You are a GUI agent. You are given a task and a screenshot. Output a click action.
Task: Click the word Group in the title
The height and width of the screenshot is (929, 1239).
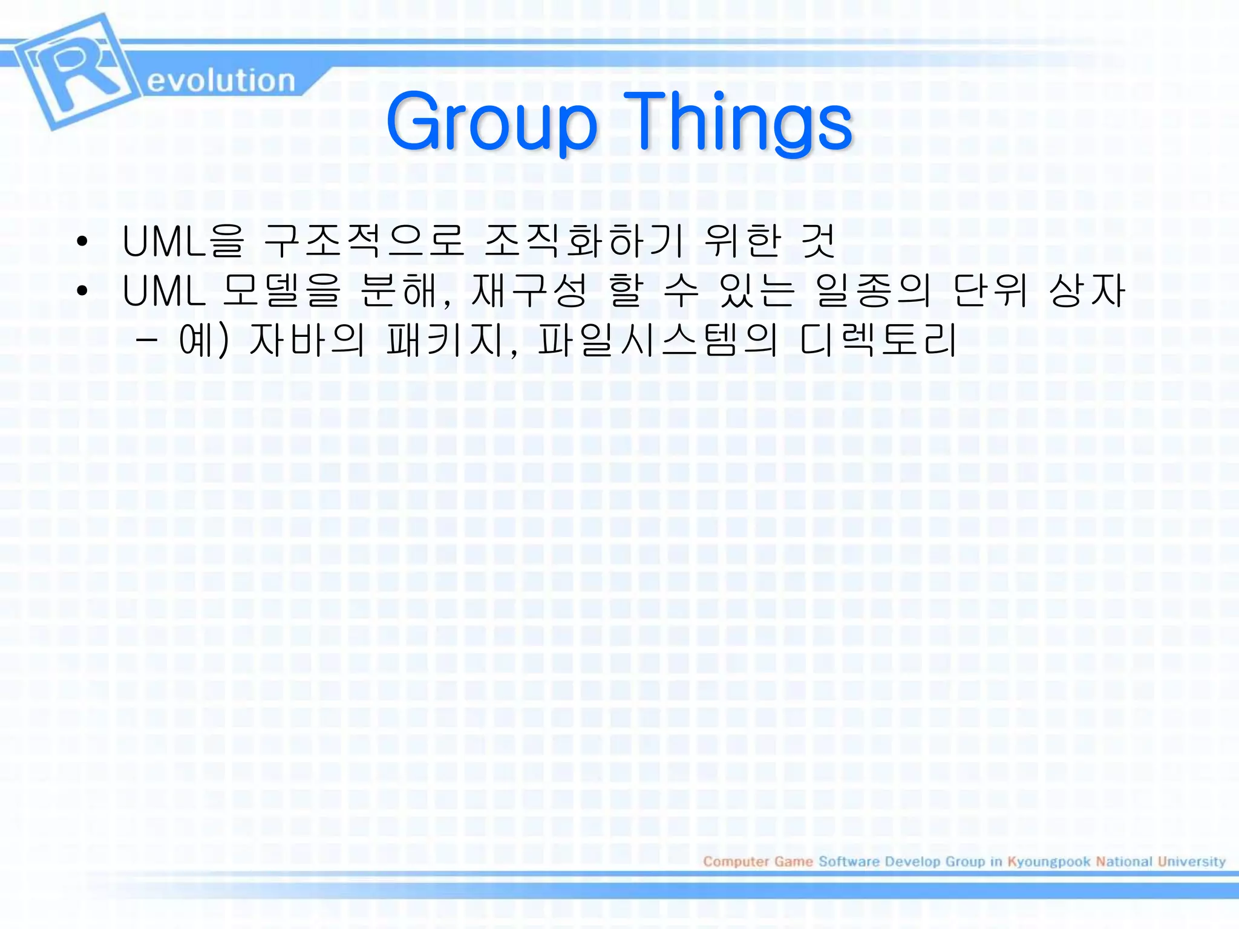click(491, 123)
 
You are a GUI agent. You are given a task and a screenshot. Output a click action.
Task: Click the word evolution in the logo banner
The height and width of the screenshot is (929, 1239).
click(221, 81)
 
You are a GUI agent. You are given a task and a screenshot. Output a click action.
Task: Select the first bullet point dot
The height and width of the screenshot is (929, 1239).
click(82, 242)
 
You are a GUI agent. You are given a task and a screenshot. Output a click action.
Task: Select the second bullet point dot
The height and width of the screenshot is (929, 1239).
click(82, 292)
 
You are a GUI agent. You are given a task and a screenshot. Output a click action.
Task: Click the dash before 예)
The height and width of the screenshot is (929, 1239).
click(147, 341)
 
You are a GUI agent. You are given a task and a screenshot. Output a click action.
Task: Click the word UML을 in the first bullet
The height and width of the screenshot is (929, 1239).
click(183, 241)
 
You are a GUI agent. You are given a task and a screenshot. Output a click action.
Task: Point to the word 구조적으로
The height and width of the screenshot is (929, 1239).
click(364, 241)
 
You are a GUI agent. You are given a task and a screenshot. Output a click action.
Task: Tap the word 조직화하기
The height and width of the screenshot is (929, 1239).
click(584, 241)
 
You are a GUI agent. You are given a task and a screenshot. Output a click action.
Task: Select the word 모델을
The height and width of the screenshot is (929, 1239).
click(282, 291)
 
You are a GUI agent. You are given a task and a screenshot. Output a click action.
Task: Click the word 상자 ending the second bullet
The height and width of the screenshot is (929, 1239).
click(1087, 291)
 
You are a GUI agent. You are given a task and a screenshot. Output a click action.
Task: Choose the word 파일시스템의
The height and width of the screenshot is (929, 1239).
click(657, 340)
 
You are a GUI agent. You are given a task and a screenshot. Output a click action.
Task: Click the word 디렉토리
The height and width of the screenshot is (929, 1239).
click(878, 340)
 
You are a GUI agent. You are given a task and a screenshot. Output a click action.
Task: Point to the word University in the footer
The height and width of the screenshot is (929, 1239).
click(1191, 861)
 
